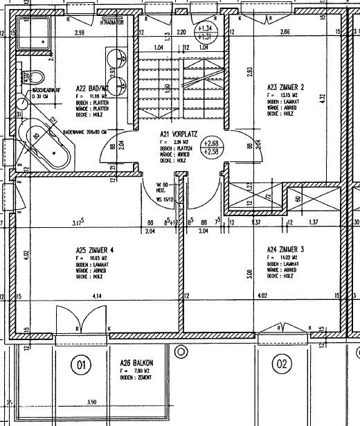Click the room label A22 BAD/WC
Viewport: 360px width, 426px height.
(91, 89)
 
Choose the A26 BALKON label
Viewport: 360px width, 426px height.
(136, 363)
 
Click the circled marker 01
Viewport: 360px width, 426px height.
(80, 363)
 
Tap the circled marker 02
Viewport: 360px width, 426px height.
(281, 363)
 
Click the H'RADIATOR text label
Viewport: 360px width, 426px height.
(114, 22)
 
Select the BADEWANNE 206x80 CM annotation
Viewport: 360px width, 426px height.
(87, 130)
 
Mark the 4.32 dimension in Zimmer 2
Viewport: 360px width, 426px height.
(340, 98)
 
